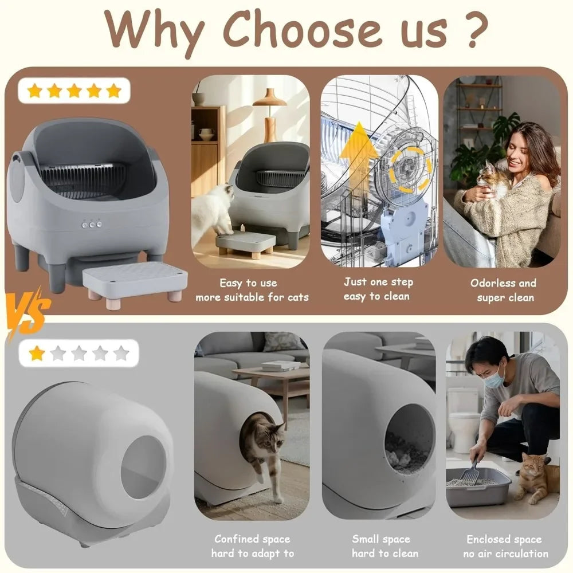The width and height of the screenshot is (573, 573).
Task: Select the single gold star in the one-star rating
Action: (37, 354)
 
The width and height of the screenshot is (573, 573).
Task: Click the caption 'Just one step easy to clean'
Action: (378, 289)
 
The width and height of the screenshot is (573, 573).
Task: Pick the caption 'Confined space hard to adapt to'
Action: (252, 546)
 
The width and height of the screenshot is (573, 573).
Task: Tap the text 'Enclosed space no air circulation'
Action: (505, 546)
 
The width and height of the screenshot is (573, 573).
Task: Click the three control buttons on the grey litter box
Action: (92, 225)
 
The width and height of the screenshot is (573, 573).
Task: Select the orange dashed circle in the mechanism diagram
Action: (410, 168)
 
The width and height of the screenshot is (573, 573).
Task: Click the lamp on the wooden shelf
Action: (269, 112)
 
